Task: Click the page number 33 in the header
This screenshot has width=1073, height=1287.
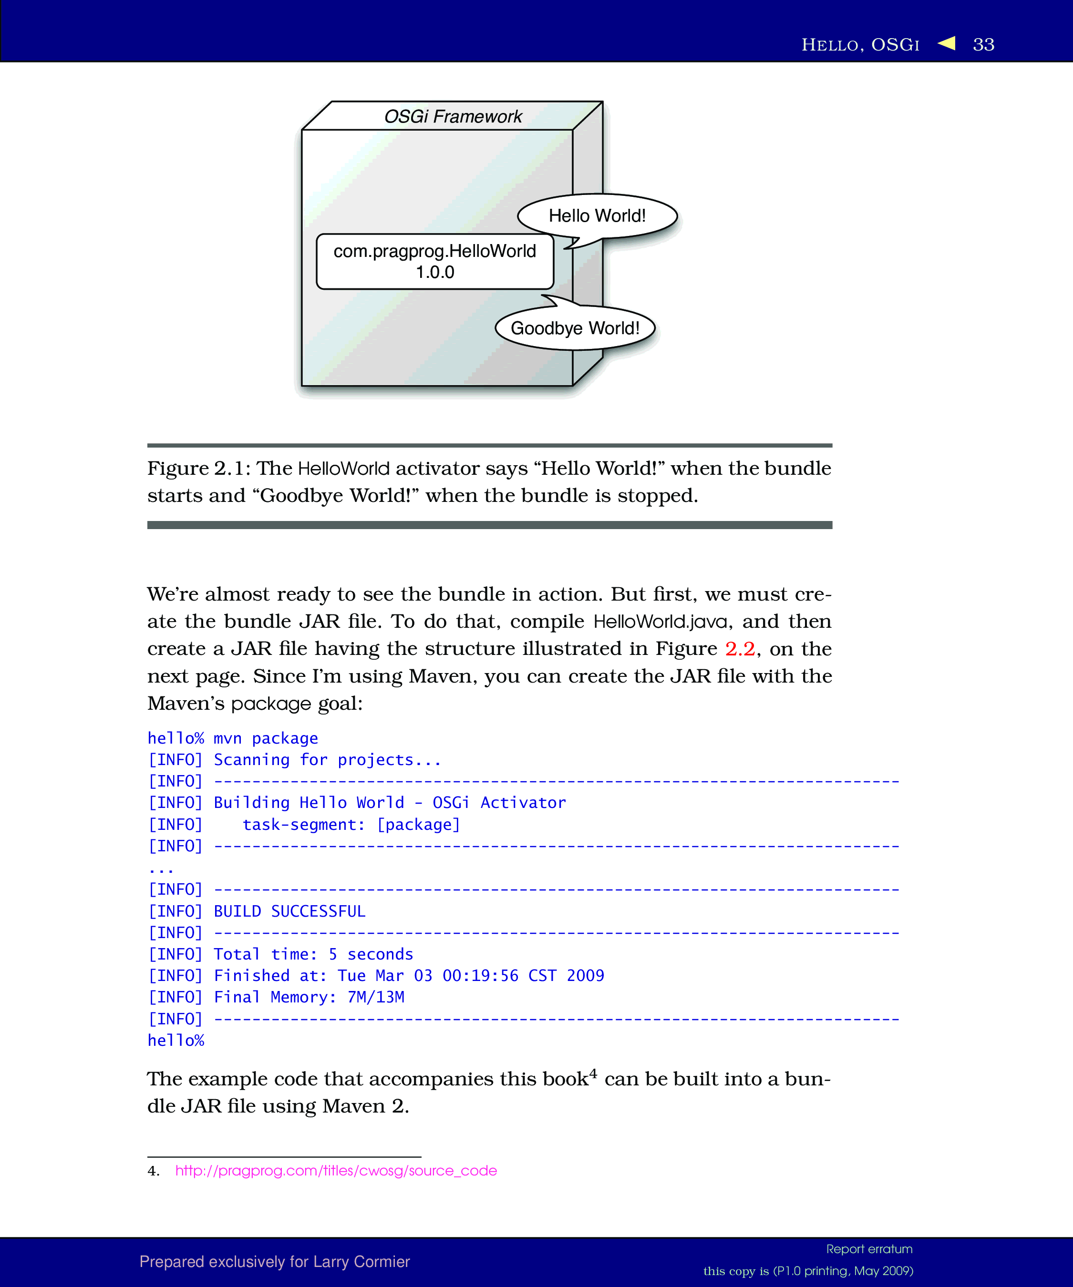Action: click(983, 45)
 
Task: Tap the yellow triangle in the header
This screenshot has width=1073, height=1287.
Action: click(947, 43)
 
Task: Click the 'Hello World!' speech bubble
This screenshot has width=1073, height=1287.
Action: click(597, 216)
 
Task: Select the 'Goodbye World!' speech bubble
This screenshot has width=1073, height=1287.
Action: click(575, 328)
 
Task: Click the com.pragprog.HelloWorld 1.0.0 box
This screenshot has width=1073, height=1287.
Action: click(435, 262)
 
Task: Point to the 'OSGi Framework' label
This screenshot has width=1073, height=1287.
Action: click(453, 116)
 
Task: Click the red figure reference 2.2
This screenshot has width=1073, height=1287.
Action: click(740, 648)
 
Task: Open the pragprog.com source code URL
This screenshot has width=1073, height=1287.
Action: click(336, 1171)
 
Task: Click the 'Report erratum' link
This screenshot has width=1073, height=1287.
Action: click(869, 1249)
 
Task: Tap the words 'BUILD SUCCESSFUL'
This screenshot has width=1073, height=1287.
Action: click(289, 911)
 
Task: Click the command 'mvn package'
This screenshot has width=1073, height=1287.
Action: click(266, 738)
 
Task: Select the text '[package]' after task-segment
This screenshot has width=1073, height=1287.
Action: click(418, 824)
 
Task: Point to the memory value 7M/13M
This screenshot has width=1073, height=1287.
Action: click(376, 997)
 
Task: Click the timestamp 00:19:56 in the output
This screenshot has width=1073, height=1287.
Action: click(480, 976)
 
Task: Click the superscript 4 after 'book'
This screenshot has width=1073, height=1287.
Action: click(593, 1073)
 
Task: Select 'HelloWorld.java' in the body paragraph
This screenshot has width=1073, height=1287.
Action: click(660, 622)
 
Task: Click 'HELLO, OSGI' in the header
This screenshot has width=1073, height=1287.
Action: click(860, 45)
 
